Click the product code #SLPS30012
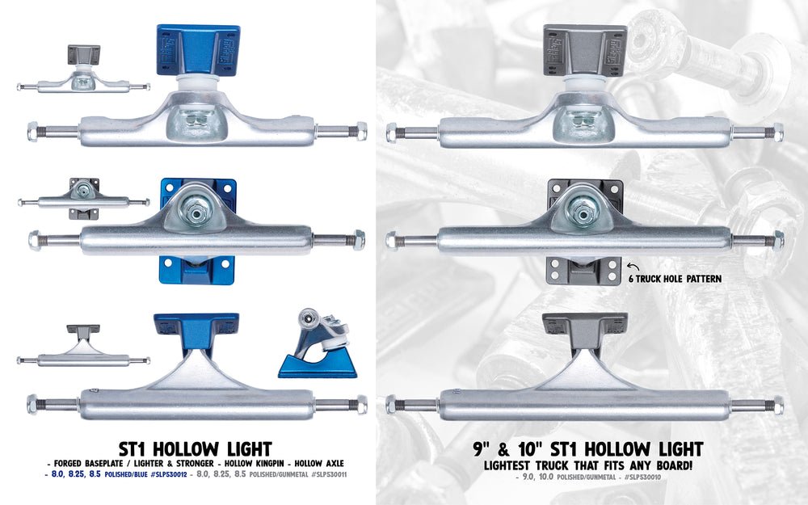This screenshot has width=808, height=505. coord(169,474)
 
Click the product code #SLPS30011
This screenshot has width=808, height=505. coord(329,474)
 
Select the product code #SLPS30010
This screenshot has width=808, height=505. coord(642,478)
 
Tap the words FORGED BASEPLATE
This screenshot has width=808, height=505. coord(88,463)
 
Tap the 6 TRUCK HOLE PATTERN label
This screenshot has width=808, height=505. coord(675,279)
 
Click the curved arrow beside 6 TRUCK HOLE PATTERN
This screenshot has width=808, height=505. coord(633,267)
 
